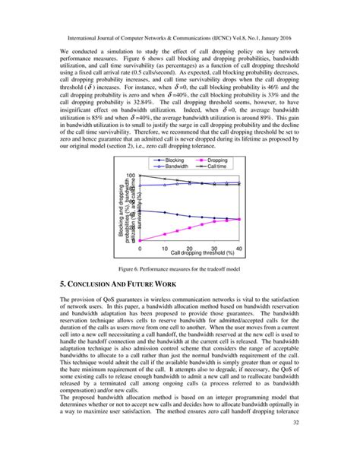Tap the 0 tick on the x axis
(x=141, y=249)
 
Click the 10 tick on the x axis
(x=166, y=249)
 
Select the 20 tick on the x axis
(x=191, y=249)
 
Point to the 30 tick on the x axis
(x=215, y=249)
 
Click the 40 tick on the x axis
(x=239, y=249)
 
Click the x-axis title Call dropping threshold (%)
(x=205, y=253)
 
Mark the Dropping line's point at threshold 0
(x=141, y=243)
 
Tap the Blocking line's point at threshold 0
(x=141, y=211)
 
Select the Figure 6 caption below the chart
(x=180, y=269)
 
